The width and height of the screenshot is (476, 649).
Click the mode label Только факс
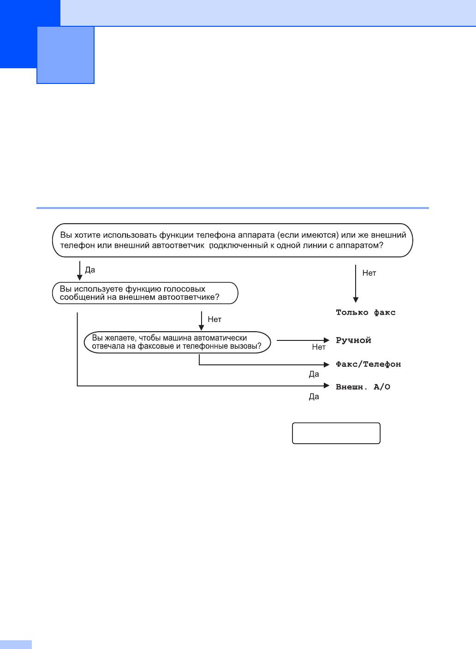click(x=366, y=312)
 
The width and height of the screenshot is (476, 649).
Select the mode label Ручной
click(x=353, y=340)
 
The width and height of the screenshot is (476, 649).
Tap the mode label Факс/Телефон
click(x=368, y=364)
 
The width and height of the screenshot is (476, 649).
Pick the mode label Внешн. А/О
click(x=363, y=387)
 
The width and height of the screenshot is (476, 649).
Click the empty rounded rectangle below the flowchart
click(x=336, y=433)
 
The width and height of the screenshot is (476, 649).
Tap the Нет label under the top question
click(x=369, y=273)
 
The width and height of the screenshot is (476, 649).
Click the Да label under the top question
click(x=90, y=270)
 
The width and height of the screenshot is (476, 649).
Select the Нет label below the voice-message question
click(x=214, y=319)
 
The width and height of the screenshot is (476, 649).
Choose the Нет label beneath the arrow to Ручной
click(x=319, y=347)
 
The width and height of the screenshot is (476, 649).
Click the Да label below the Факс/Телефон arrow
click(x=314, y=375)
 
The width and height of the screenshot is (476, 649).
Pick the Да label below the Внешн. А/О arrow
click(x=314, y=397)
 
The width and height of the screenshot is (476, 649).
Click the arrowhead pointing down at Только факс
click(x=356, y=299)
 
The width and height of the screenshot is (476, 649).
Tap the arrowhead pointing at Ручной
click(x=327, y=340)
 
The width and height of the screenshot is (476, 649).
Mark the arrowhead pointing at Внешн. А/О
click(x=327, y=386)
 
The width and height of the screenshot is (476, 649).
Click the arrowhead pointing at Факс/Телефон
click(x=327, y=364)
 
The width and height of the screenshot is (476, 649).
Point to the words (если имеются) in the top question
click(x=308, y=235)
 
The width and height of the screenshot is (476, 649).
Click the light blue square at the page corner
click(x=65, y=55)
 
